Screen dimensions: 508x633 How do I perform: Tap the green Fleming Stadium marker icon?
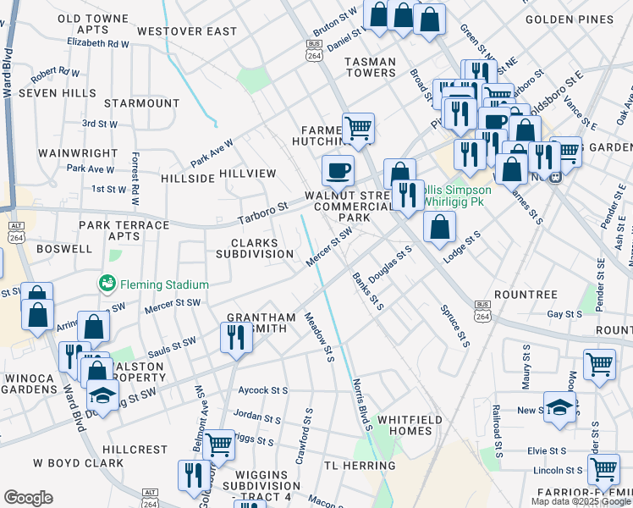click(107, 283)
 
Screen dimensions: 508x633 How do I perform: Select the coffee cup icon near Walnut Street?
click(338, 171)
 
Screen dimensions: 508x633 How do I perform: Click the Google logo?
click(28, 498)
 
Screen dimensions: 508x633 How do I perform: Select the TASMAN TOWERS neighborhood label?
click(371, 67)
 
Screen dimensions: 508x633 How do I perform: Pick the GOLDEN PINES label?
click(580, 19)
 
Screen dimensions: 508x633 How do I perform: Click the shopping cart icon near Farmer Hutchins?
click(359, 129)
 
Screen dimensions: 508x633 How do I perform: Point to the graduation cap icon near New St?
click(559, 407)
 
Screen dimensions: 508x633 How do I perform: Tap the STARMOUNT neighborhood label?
click(142, 103)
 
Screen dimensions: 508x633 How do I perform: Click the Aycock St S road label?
click(263, 390)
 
